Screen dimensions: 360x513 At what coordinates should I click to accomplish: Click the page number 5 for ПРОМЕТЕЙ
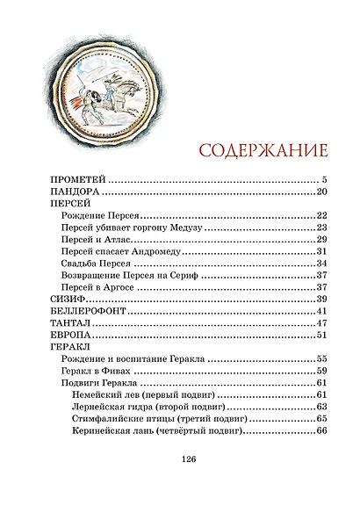click(x=324, y=179)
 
